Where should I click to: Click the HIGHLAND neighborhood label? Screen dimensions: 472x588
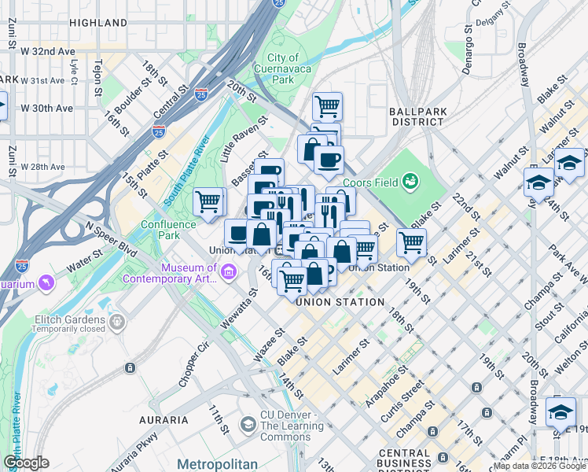pyautogui.click(x=98, y=23)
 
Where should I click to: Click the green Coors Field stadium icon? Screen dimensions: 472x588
pyautogui.click(x=409, y=182)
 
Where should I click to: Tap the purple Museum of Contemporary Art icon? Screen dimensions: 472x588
pyautogui.click(x=229, y=273)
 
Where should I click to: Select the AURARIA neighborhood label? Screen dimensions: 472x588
pyautogui.click(x=164, y=419)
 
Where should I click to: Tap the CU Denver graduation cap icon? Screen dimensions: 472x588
pyautogui.click(x=248, y=426)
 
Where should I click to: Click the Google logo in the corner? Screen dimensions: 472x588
pyautogui.click(x=25, y=463)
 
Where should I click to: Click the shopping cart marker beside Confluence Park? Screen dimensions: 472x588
pyautogui.click(x=208, y=201)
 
